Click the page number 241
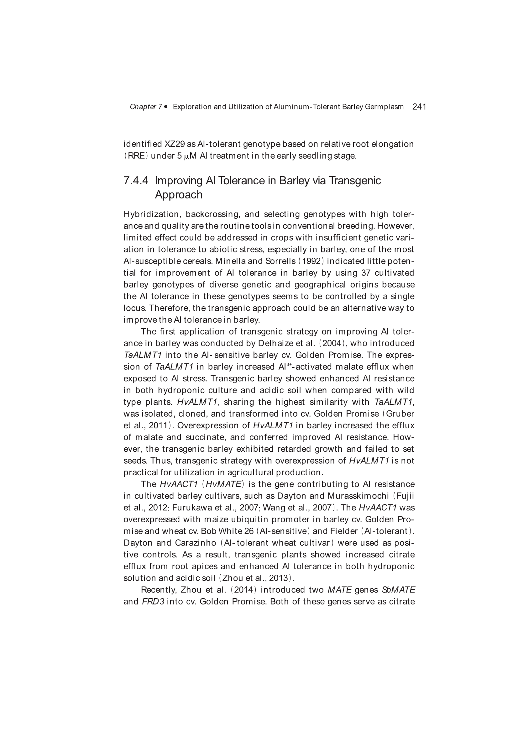pyautogui.click(x=419, y=107)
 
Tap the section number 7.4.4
pyautogui.click(x=136, y=181)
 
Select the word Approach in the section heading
pyautogui.click(x=178, y=195)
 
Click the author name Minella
pyautogui.click(x=230, y=261)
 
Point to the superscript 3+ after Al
pyautogui.click(x=289, y=365)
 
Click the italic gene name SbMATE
pyautogui.click(x=398, y=590)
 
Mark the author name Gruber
pyautogui.click(x=400, y=414)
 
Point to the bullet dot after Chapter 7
pyautogui.click(x=166, y=107)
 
